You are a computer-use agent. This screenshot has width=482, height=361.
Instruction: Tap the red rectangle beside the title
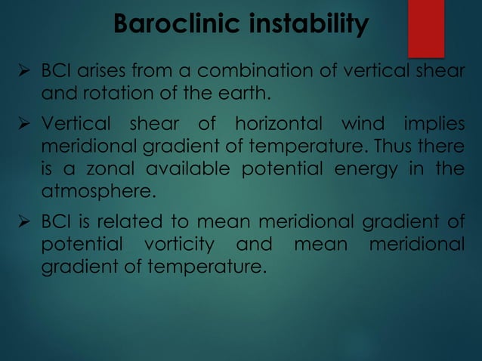(425, 29)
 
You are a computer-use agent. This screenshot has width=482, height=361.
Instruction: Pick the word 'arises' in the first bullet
(100, 72)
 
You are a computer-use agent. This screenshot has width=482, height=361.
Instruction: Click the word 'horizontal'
(273, 123)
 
